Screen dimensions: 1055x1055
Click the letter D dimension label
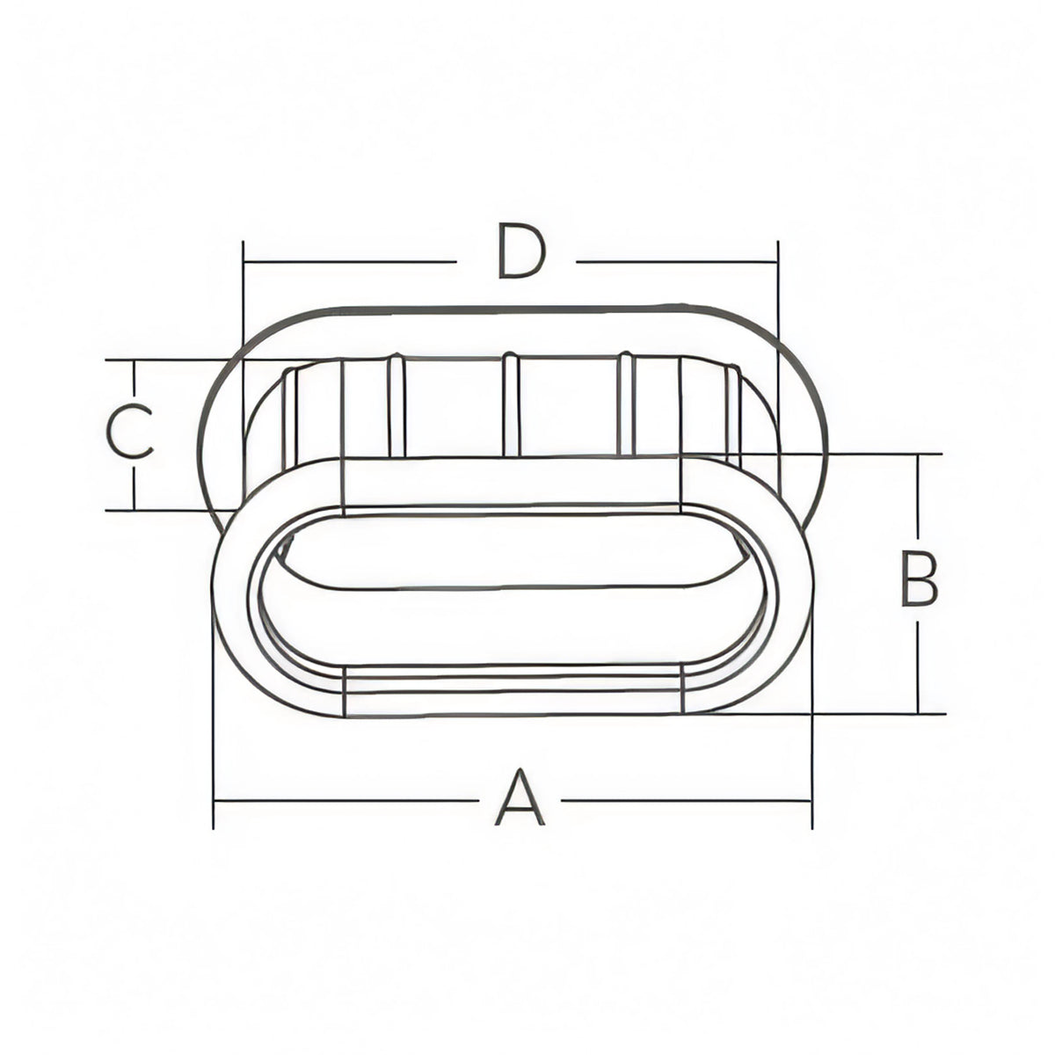(x=521, y=251)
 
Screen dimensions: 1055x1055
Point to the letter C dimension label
(x=130, y=432)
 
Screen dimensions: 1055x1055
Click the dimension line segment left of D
(x=350, y=262)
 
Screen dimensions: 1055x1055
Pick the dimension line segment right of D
(x=677, y=262)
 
